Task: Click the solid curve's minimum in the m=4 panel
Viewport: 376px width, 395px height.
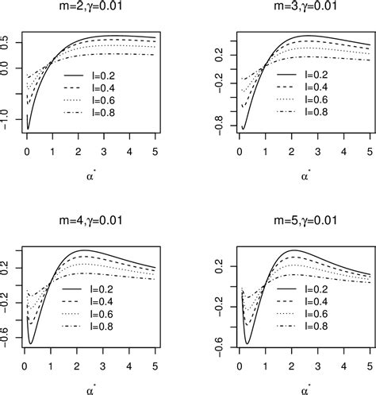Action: point(31,343)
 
